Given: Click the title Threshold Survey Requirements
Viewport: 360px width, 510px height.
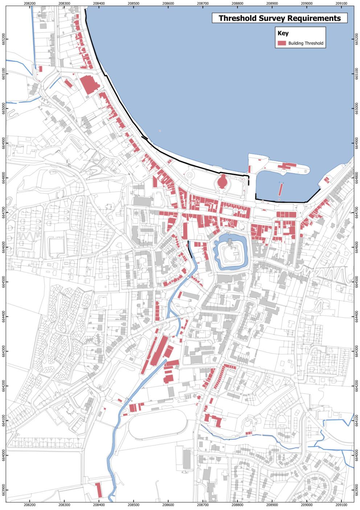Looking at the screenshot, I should coord(279,18).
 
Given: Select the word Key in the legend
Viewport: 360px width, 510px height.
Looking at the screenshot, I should coord(283,33).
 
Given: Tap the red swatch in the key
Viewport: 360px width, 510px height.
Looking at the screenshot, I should coord(282,43).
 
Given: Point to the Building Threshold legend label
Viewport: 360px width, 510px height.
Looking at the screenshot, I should coord(306,43).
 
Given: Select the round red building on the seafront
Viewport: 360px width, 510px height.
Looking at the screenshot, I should coord(222,181).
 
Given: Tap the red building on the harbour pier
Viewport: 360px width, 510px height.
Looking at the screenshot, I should coord(287,166).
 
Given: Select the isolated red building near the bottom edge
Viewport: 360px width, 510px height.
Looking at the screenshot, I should coord(98,490).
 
